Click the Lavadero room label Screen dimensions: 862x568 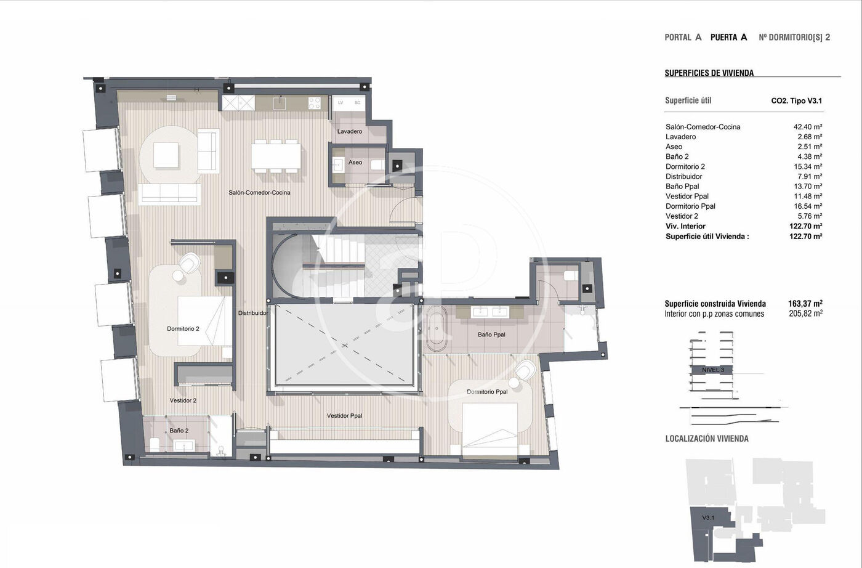click(350, 131)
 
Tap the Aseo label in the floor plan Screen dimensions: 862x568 click(355, 162)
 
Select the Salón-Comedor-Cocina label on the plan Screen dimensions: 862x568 click(259, 193)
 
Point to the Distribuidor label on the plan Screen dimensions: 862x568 click(253, 313)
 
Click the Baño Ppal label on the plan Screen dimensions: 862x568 click(491, 335)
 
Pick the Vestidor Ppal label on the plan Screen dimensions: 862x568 click(344, 416)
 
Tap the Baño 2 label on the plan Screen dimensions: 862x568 click(179, 431)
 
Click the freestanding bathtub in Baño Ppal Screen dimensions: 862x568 click(437, 328)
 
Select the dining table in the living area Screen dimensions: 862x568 click(276, 156)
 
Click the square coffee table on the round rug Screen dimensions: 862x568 click(166, 155)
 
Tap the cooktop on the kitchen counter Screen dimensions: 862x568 click(314, 103)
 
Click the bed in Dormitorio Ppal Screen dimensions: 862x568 click(490, 430)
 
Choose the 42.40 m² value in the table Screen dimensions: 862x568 click(808, 127)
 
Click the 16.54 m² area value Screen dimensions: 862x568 click(808, 206)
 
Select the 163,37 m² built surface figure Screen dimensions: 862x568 click(805, 304)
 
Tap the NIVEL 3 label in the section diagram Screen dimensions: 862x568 click(713, 370)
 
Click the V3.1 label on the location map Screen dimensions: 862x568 click(708, 517)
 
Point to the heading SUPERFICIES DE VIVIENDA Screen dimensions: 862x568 click(709, 73)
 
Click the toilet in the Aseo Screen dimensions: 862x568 click(377, 165)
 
